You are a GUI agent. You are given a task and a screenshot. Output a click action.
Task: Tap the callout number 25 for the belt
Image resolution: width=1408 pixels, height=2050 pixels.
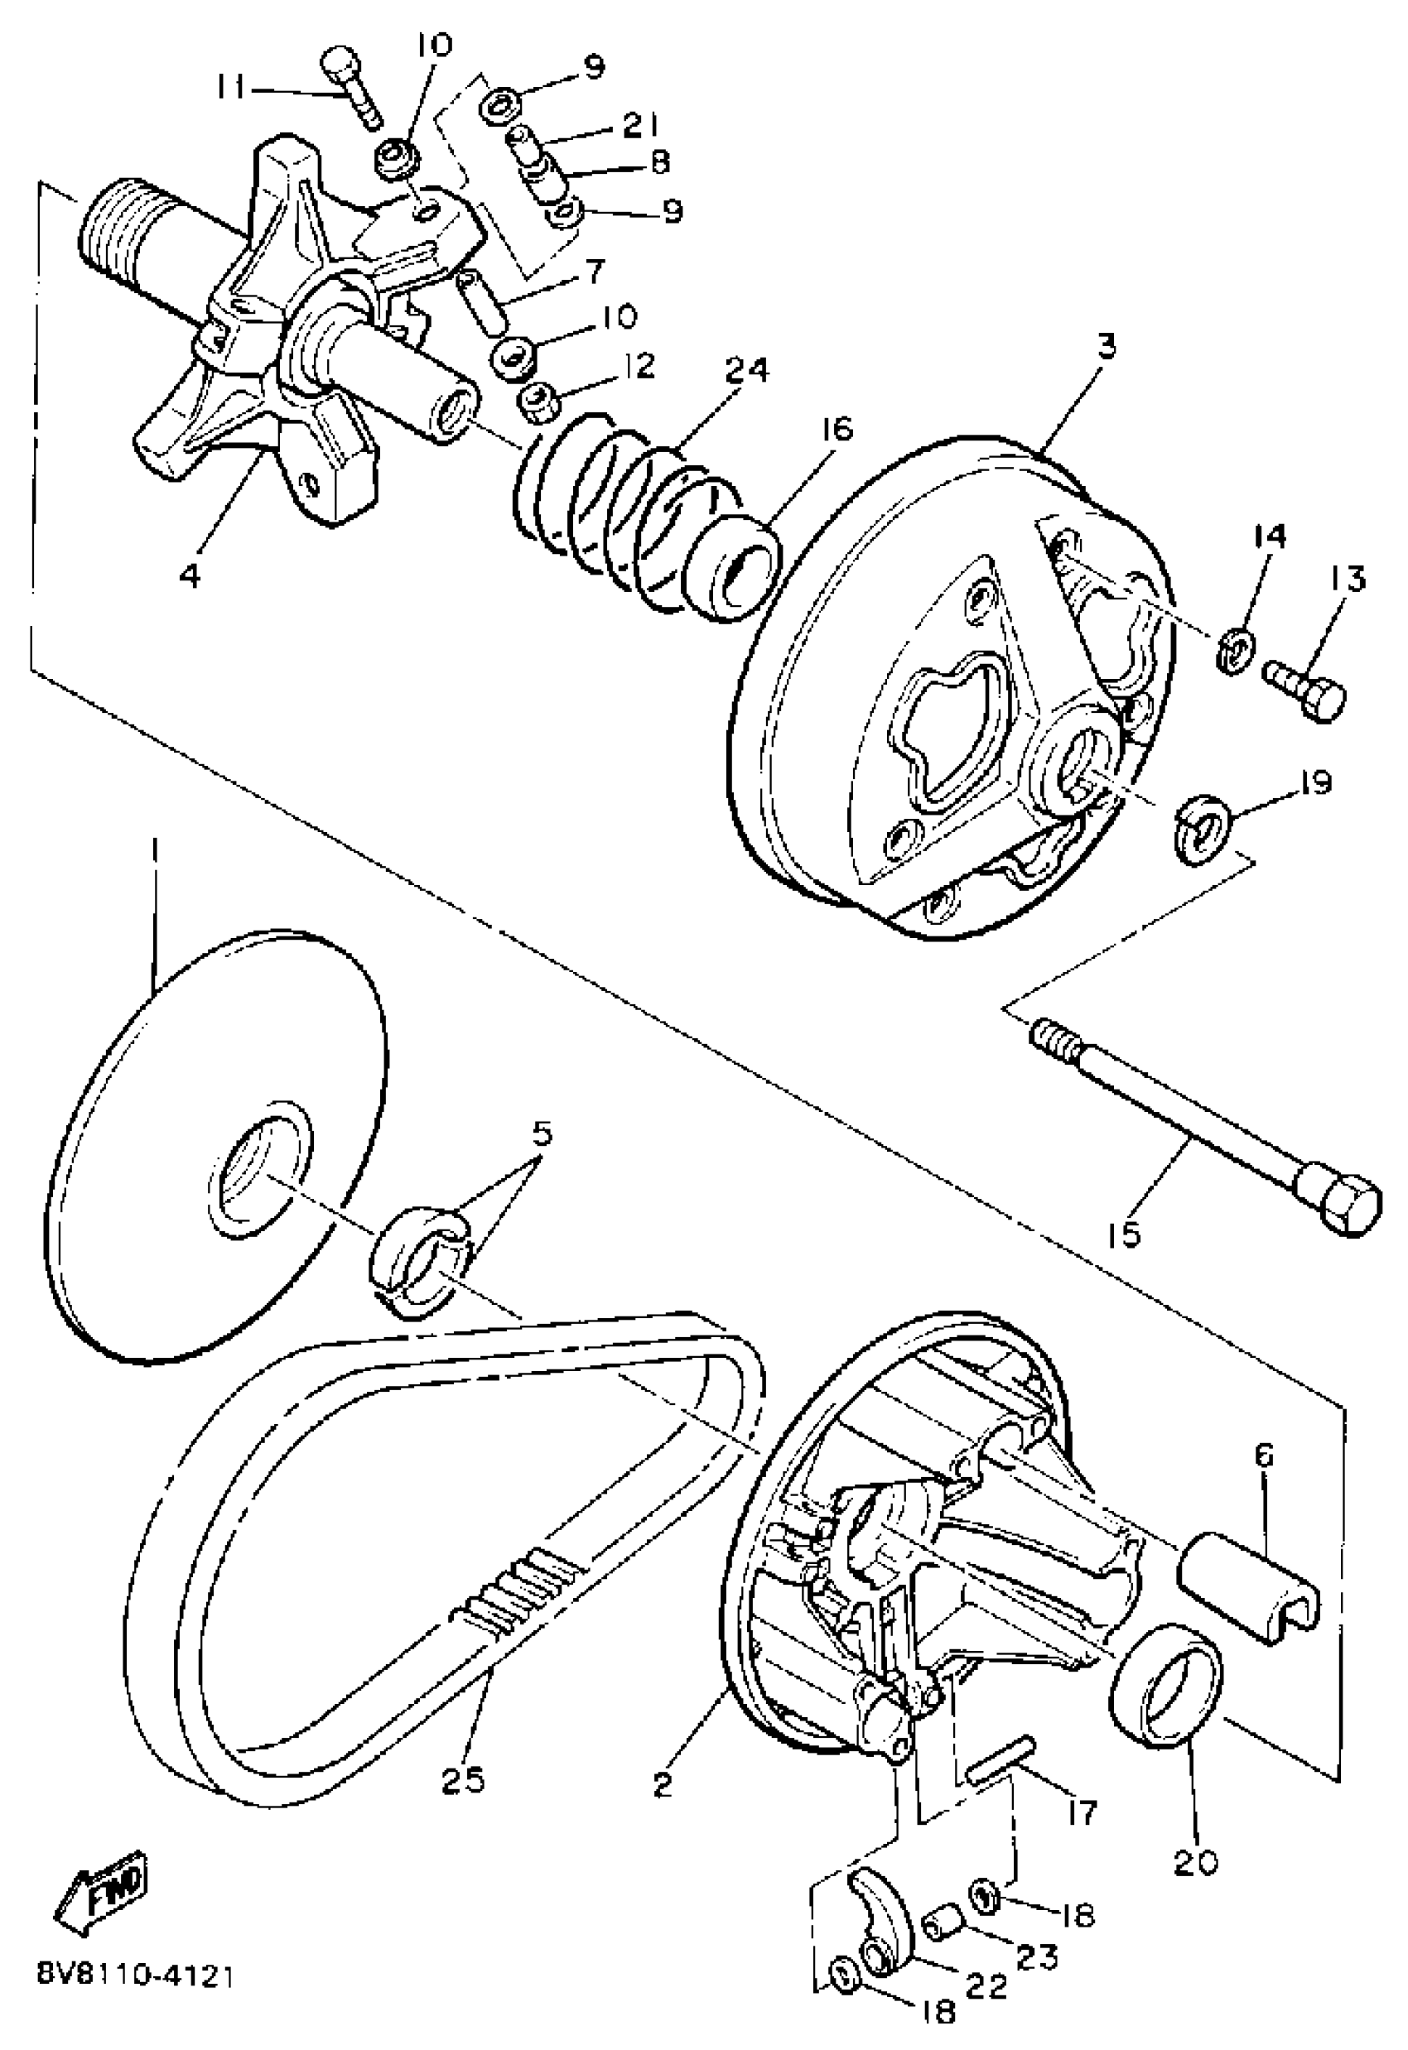click(x=464, y=1779)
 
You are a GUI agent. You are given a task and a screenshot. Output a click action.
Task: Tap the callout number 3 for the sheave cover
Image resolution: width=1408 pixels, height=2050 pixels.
click(x=1107, y=344)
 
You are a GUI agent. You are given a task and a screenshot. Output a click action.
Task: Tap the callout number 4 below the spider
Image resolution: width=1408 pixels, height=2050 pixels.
click(x=190, y=575)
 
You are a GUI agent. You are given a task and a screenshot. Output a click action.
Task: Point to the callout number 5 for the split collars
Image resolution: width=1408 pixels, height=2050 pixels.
click(x=541, y=1137)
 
